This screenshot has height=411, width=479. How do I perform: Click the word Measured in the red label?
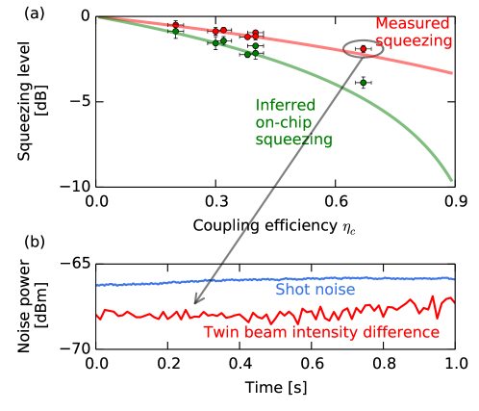pyautogui.click(x=412, y=22)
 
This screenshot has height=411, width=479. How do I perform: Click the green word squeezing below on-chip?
pyautogui.click(x=293, y=141)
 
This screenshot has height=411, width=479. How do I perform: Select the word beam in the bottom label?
pyautogui.click(x=265, y=332)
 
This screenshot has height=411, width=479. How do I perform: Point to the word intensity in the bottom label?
pyautogui.click(x=320, y=332)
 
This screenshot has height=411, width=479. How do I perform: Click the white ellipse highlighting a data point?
pyautogui.click(x=363, y=49)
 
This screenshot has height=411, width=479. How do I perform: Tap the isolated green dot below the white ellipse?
pyautogui.click(x=363, y=83)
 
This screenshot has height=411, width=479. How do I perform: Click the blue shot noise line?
pyautogui.click(x=192, y=281)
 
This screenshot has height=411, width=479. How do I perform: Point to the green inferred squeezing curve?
pyautogui.click(x=308, y=72)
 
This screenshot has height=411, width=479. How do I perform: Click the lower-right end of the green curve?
pyautogui.click(x=451, y=180)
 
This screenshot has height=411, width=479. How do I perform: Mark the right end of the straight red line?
pyautogui.click(x=452, y=72)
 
